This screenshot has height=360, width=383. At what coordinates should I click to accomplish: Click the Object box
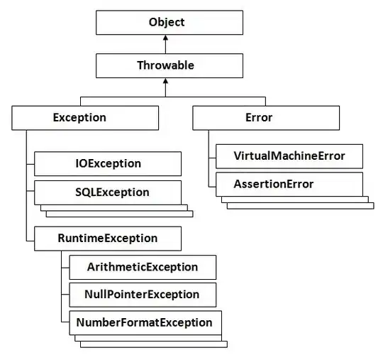166,22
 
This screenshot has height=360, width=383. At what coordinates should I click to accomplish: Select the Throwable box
166,65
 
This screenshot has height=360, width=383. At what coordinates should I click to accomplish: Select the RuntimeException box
106,238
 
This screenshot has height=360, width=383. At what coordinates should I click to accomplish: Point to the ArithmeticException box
142,267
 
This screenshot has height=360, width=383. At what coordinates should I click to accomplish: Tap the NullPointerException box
142,294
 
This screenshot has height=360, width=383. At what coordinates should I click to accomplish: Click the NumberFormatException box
144,322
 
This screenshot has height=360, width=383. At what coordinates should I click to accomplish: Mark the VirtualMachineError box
288,156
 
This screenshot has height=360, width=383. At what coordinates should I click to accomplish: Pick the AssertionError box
288,185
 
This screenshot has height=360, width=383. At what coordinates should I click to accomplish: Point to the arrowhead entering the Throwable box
166,82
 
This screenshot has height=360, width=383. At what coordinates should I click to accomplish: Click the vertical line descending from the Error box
209,160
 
